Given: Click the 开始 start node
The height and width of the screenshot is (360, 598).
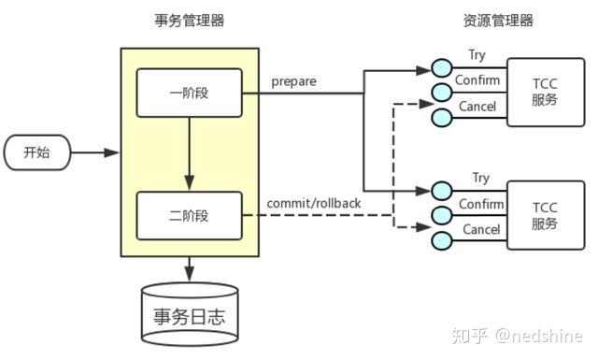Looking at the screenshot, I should point(36,152).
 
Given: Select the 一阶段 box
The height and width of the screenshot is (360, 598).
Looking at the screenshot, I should point(189,93).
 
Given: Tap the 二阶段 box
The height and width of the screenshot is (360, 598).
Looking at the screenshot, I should point(189,216).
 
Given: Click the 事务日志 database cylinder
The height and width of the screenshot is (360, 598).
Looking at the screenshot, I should point(189,311).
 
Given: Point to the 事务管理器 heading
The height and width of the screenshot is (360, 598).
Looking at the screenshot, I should point(189,21).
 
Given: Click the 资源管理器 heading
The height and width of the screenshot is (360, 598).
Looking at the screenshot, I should point(498,21).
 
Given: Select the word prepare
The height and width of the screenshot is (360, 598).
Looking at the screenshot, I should point(293,81).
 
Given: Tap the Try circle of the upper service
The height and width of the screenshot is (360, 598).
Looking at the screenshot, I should point(442,68).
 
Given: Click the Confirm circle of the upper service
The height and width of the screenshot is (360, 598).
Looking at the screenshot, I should point(442,93).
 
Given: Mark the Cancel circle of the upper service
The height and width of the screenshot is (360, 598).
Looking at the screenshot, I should point(442,117).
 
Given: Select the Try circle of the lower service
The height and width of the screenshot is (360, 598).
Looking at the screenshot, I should point(442,192).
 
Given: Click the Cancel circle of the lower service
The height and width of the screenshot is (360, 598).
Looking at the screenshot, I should point(442,240).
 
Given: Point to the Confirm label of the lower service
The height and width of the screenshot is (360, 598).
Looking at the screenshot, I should point(479,204).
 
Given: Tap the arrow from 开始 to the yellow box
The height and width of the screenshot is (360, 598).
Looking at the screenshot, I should point(95,152).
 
